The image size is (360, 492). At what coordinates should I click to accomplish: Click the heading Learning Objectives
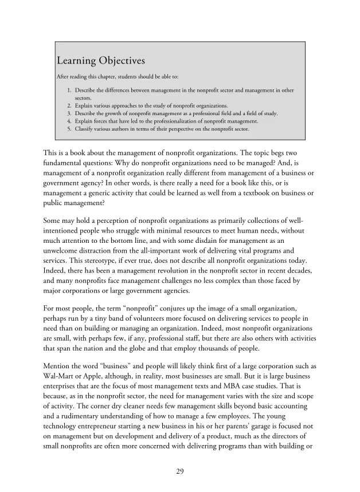click(100, 61)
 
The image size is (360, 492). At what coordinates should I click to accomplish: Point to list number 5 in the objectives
click(69, 129)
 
